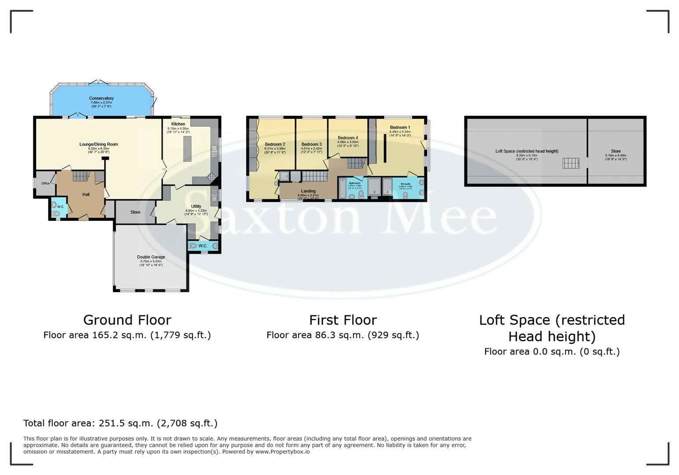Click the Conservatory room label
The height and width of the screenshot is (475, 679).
click(x=101, y=99)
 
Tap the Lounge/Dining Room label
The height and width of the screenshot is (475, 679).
click(x=99, y=144)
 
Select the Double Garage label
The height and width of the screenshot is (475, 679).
click(x=151, y=257)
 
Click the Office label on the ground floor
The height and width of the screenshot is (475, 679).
click(x=45, y=183)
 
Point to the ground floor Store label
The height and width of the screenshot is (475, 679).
click(x=135, y=212)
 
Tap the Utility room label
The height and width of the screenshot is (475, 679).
click(x=196, y=206)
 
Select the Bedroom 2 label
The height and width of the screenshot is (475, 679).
click(x=275, y=144)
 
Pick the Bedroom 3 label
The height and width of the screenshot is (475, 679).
click(x=311, y=144)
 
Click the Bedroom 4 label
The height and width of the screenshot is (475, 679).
click(x=348, y=138)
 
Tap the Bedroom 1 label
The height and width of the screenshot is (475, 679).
click(x=400, y=127)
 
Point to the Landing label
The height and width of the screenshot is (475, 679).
click(x=308, y=191)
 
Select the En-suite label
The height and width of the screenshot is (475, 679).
click(x=405, y=184)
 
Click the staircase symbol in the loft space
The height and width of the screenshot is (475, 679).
click(x=571, y=163)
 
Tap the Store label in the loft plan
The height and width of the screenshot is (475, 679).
click(x=616, y=151)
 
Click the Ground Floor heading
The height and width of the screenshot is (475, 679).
click(x=127, y=320)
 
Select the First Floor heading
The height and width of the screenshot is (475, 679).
click(x=343, y=320)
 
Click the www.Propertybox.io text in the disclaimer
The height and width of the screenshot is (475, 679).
click(x=282, y=452)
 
